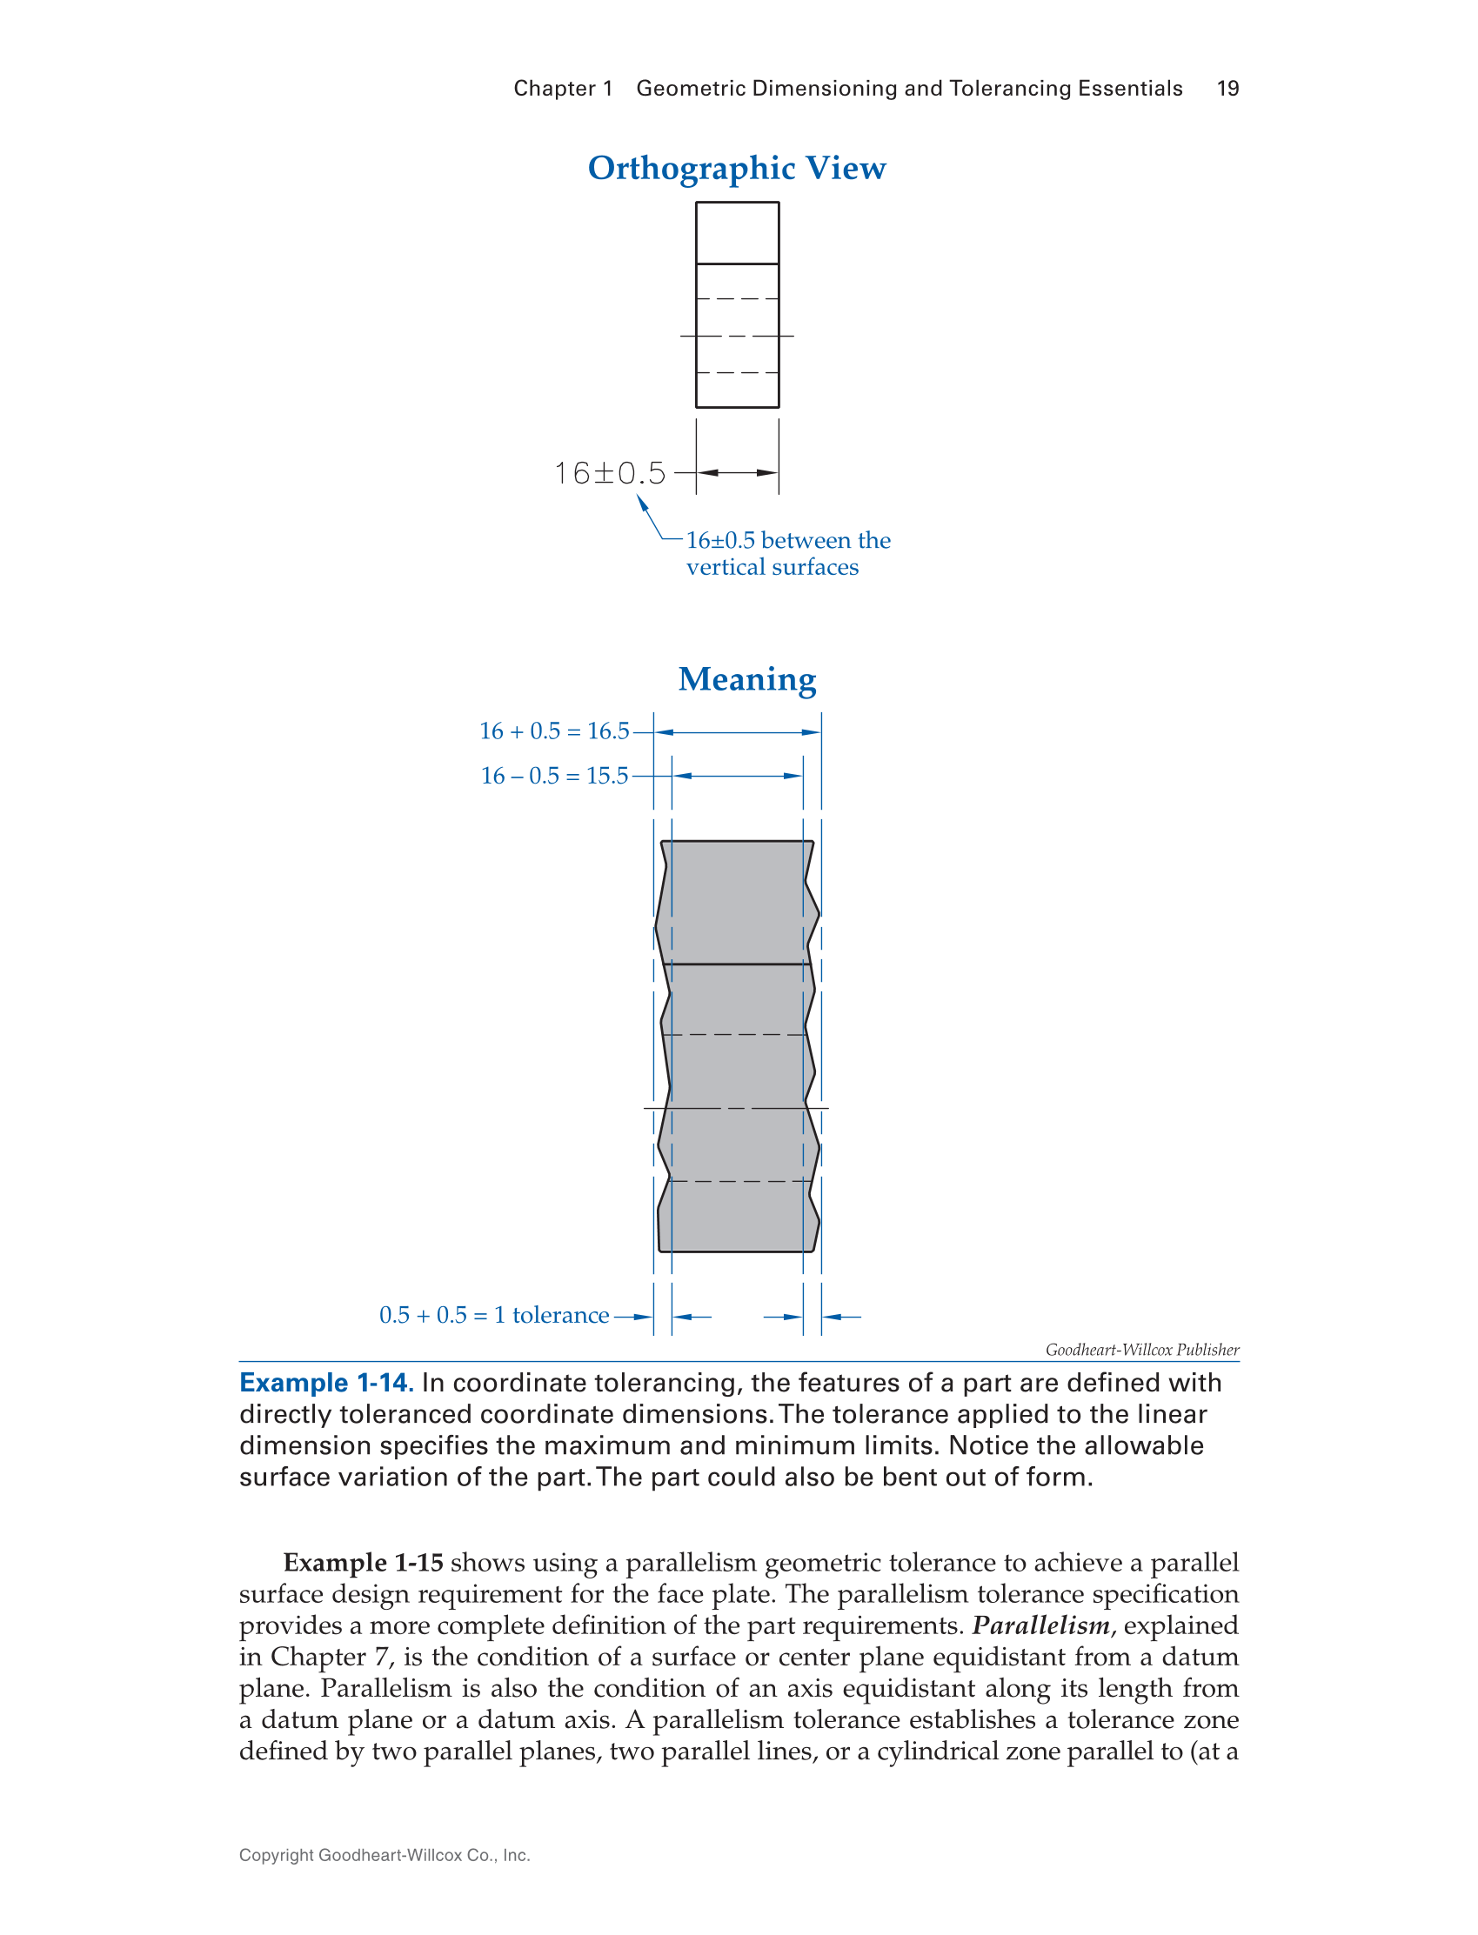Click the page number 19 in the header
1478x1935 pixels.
click(x=1227, y=88)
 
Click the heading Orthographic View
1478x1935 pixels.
click(x=736, y=167)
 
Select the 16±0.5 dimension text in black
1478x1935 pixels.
click(x=610, y=473)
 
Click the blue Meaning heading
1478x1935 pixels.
click(x=747, y=679)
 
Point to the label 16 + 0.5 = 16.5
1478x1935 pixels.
click(x=554, y=731)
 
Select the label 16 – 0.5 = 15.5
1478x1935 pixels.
click(x=554, y=776)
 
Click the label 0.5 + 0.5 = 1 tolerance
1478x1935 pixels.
click(x=493, y=1315)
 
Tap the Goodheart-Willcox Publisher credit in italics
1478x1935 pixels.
click(x=1142, y=1349)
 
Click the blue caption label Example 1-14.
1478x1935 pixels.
click(x=325, y=1383)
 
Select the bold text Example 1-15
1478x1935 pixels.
click(x=363, y=1563)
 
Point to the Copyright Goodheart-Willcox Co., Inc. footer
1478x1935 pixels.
click(x=385, y=1855)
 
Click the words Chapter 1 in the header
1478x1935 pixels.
click(x=563, y=88)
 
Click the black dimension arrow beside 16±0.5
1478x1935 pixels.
click(x=737, y=473)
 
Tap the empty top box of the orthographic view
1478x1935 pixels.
click(x=737, y=233)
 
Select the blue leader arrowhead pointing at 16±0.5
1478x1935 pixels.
click(x=641, y=502)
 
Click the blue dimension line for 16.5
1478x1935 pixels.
click(x=737, y=731)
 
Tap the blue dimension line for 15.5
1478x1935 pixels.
click(x=737, y=776)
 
